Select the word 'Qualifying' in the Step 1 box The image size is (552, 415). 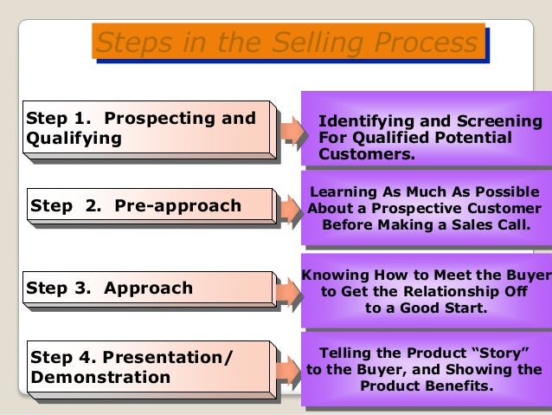[x=74, y=138]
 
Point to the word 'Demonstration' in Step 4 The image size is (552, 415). [x=100, y=377]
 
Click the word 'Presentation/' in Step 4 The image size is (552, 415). [x=168, y=357]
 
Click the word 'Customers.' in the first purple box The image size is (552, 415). [x=367, y=154]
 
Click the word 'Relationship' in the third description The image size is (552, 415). [x=444, y=292]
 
